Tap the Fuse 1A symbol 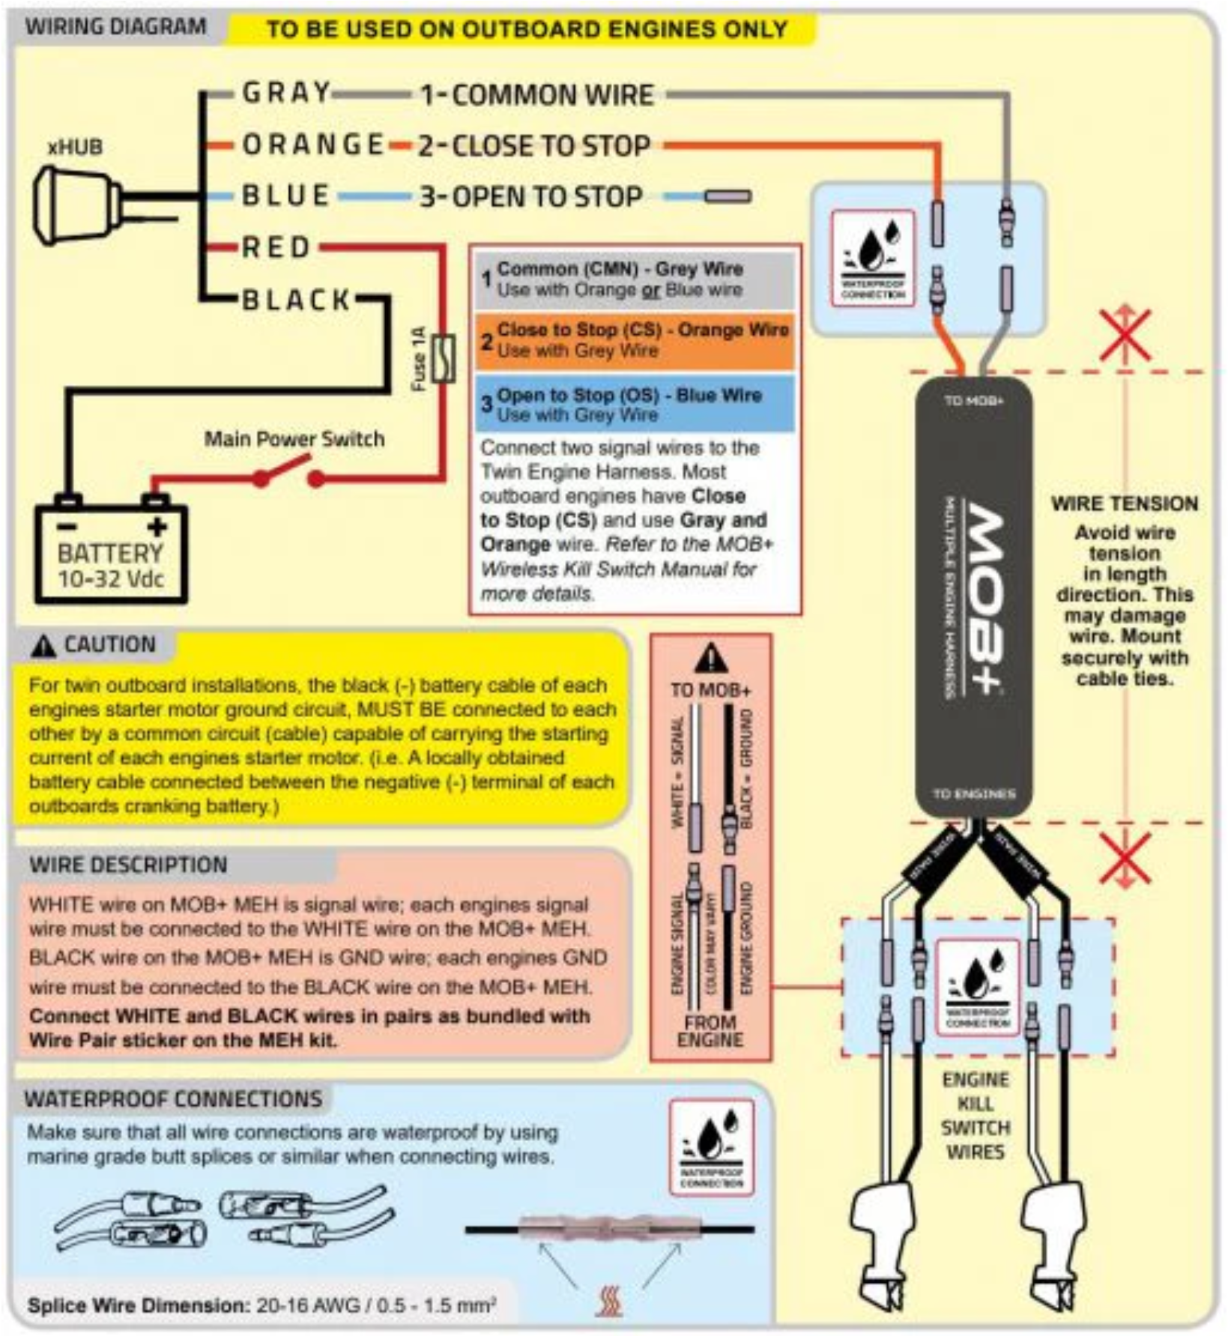click(444, 358)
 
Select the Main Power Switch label click(294, 438)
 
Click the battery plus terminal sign click(157, 527)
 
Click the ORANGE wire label click(313, 144)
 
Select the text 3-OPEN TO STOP click(530, 196)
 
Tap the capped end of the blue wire click(727, 196)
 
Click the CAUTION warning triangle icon click(43, 646)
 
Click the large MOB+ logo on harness click(984, 599)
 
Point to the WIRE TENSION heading click(1124, 504)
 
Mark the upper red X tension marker click(1125, 335)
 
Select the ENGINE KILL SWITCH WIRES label click(975, 1116)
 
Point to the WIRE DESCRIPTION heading click(128, 865)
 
